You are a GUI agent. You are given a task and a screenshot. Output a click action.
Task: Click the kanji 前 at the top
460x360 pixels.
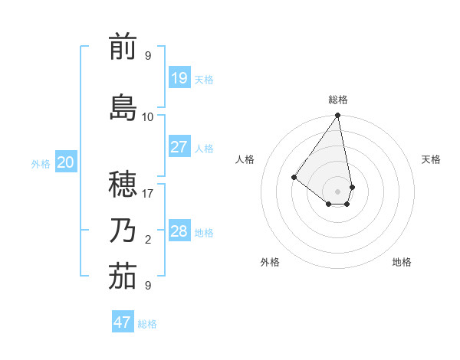pos(123,47)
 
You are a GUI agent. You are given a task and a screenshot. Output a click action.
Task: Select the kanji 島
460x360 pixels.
pos(123,107)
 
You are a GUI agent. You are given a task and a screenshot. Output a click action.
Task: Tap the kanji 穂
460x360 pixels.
pos(123,183)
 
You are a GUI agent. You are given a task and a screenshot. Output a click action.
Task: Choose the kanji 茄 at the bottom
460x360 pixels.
pos(123,277)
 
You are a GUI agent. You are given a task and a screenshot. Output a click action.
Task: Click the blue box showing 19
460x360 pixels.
pos(179,77)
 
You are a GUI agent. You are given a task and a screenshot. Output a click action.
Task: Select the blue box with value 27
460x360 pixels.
pos(179,147)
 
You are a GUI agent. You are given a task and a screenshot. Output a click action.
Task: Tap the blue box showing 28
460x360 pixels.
pos(179,231)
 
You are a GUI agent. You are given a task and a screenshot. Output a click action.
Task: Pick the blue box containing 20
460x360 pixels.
pos(66,162)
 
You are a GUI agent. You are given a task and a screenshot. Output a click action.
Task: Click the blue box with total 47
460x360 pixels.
pos(123,322)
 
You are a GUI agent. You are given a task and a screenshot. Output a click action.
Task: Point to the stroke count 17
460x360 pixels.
pos(148,194)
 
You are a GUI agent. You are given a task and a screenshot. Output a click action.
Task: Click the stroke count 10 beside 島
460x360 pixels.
pos(148,117)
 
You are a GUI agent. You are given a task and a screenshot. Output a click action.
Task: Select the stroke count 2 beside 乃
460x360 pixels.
pos(148,240)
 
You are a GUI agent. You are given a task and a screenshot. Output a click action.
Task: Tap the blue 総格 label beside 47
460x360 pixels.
pos(148,324)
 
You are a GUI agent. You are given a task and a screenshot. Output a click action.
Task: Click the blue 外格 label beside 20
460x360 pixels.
pos(41,163)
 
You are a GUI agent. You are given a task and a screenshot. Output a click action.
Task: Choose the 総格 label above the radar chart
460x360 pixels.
pos(338,100)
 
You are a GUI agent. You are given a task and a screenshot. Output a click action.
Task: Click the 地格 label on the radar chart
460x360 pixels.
pos(402,262)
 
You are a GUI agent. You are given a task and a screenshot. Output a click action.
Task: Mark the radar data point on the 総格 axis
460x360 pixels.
pos(337,116)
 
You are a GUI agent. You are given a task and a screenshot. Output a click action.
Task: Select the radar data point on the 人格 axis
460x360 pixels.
pos(294,177)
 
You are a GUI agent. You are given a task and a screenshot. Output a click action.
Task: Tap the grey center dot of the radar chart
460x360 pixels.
pos(337,191)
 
